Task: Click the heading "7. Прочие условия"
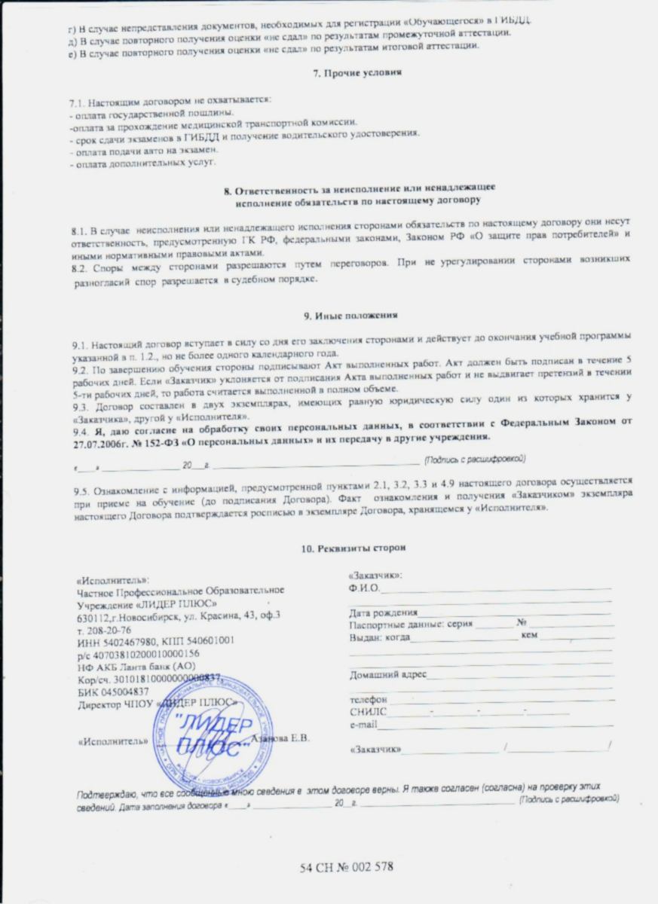tap(356, 73)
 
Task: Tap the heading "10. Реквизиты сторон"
tap(356, 548)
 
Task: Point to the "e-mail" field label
tap(363, 725)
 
